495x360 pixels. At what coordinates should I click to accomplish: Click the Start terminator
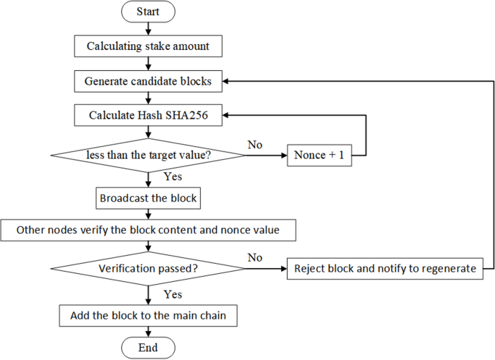147,12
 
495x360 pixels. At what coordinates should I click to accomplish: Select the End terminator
147,347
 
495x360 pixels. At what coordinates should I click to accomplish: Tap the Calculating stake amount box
147,46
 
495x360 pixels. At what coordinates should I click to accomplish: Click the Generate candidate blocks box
149,81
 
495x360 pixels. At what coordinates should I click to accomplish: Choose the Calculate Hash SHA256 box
148,116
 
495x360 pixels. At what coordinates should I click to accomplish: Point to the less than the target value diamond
147,155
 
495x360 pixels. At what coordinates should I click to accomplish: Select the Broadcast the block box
147,197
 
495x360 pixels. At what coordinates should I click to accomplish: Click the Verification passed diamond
147,268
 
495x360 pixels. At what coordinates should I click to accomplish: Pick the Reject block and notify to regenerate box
385,268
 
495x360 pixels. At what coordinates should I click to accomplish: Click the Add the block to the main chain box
147,316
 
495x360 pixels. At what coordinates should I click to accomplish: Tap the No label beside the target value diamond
254,145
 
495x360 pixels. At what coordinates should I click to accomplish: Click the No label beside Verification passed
254,257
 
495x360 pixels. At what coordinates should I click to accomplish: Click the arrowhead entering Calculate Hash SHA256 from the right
225,116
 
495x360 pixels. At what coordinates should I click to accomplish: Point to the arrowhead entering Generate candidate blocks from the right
226,81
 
